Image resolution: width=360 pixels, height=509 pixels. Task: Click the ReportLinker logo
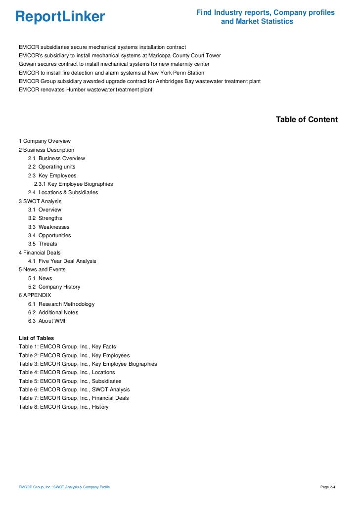pos(60,17)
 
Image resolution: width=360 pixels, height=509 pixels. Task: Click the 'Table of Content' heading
pos(307,120)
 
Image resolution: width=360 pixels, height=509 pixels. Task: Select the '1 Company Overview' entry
pos(45,141)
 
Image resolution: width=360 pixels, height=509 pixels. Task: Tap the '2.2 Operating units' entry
pos(51,167)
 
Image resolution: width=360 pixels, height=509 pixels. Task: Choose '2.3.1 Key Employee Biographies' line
pos(73,184)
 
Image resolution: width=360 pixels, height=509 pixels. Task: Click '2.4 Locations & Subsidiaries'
pos(63,192)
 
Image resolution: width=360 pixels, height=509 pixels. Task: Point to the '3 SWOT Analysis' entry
pos(40,201)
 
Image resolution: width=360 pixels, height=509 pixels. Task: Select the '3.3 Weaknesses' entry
pos(48,227)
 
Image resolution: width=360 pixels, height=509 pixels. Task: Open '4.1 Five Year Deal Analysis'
pos(62,261)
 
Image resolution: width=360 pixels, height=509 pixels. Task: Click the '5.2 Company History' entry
pos(54,287)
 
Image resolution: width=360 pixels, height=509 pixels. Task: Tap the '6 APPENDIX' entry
pos(35,295)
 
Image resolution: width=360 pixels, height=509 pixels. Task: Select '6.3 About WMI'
pos(46,321)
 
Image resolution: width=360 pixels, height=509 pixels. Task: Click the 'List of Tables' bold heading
pos(36,338)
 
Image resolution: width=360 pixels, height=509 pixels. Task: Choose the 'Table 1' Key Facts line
pos(67,346)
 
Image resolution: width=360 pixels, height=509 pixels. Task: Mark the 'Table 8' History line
pos(63,407)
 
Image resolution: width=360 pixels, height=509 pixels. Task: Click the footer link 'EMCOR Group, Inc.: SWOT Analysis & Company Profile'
pos(64,488)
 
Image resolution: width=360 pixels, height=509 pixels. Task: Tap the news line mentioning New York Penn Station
pos(111,73)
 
